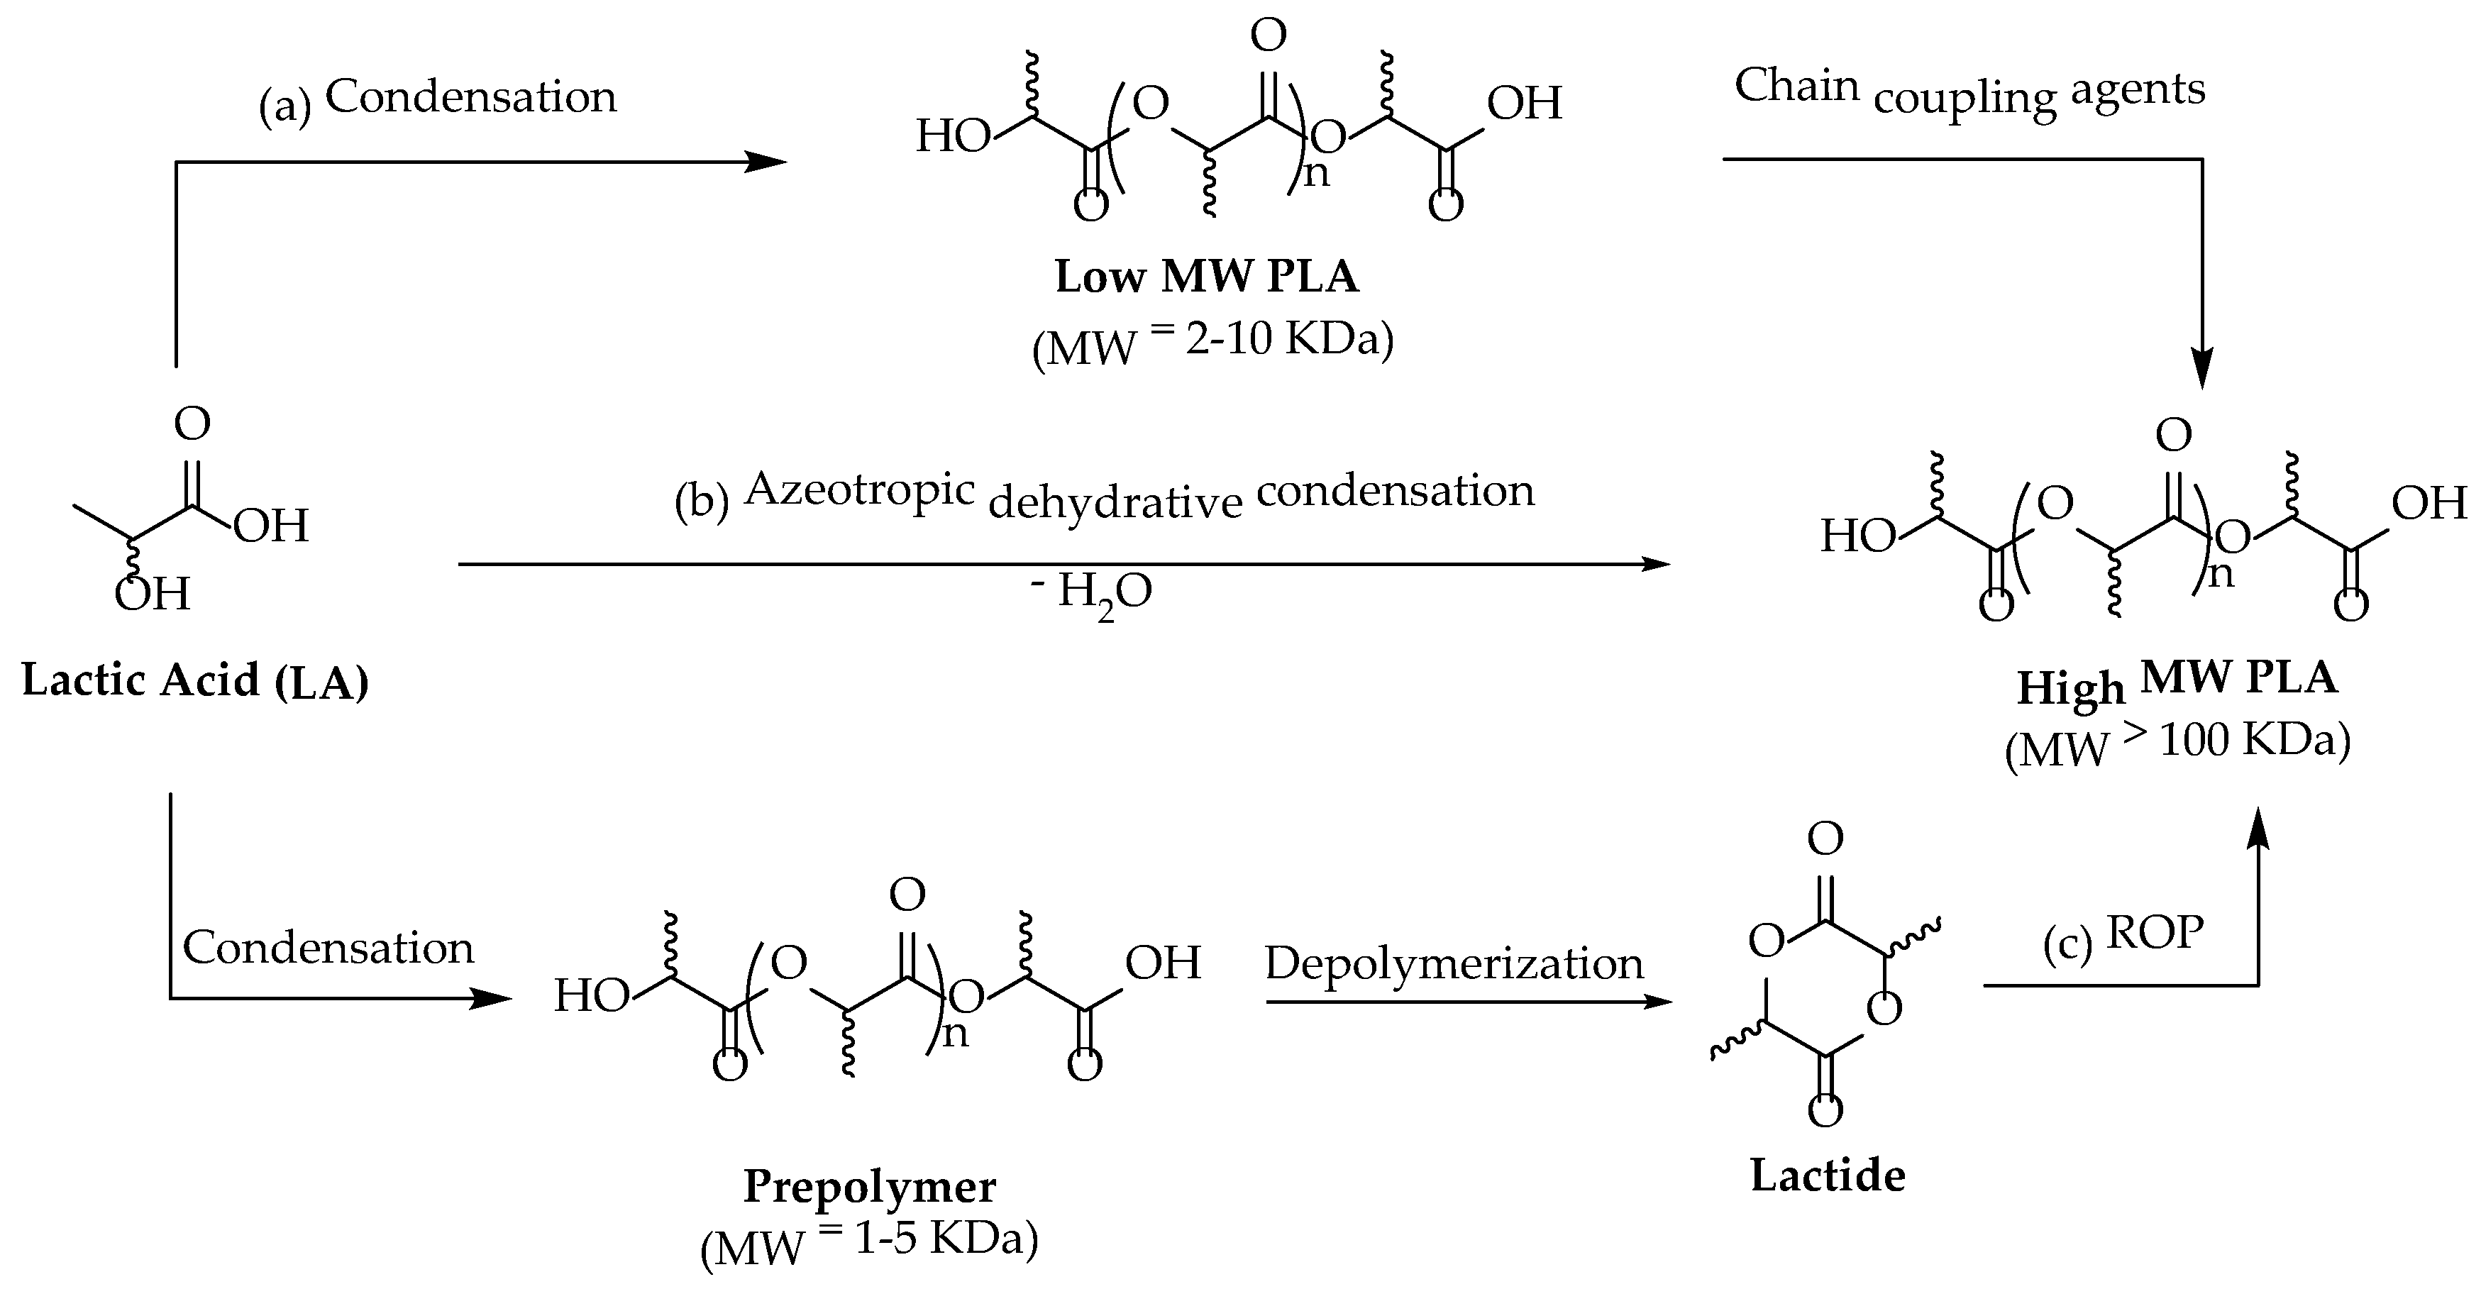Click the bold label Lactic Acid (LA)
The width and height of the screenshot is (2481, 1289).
pyautogui.click(x=196, y=681)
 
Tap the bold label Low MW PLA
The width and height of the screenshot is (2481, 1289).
pyautogui.click(x=1207, y=277)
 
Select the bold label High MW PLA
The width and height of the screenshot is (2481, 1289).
pyautogui.click(x=2177, y=682)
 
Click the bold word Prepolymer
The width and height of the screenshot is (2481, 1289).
pyautogui.click(x=870, y=1187)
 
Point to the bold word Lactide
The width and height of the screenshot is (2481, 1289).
pyautogui.click(x=1827, y=1176)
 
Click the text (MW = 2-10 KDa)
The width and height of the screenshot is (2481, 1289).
pyautogui.click(x=1212, y=343)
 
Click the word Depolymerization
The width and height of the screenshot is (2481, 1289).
pyautogui.click(x=1454, y=963)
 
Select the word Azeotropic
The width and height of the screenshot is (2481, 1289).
pyautogui.click(x=860, y=489)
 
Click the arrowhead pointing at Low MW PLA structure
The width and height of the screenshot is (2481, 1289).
pyautogui.click(x=770, y=162)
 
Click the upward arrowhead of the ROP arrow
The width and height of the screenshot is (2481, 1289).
pyautogui.click(x=2258, y=829)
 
